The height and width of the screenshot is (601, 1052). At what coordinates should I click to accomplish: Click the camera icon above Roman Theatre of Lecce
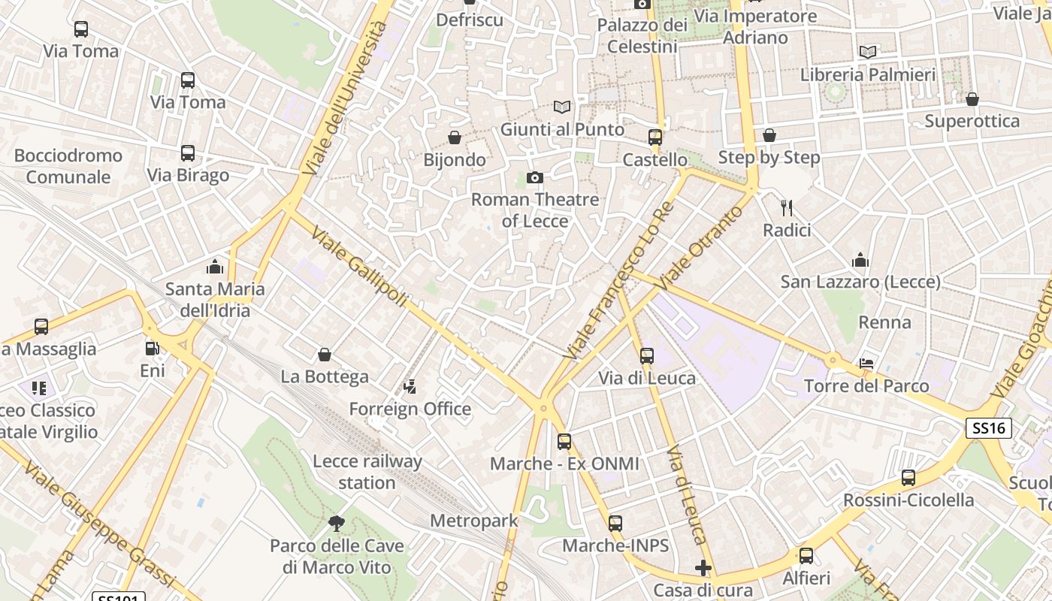[x=534, y=178]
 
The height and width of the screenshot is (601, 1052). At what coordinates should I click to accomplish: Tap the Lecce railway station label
[x=367, y=472]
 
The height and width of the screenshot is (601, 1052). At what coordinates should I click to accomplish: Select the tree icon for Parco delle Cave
[x=337, y=523]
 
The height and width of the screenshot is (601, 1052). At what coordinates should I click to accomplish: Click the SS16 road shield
[x=988, y=428]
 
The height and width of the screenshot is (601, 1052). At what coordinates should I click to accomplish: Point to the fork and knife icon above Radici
[x=787, y=207]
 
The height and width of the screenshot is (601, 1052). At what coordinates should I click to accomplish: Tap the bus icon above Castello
[x=654, y=137]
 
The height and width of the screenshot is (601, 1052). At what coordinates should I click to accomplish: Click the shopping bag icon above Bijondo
[x=454, y=137]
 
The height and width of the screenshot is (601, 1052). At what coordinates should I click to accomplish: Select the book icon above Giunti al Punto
[x=562, y=107]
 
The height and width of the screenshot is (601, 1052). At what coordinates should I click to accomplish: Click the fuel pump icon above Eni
[x=152, y=349]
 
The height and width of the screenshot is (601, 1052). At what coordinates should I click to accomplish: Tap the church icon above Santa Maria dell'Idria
[x=215, y=267]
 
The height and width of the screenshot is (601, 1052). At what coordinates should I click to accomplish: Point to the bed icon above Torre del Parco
[x=866, y=364]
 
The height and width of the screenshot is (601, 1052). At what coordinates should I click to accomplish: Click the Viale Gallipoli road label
[x=358, y=267]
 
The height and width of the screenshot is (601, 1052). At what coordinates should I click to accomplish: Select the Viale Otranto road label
[x=700, y=249]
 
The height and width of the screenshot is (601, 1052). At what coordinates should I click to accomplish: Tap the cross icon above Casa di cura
[x=703, y=568]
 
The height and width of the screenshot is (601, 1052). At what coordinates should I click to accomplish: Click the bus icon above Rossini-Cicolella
[x=908, y=478]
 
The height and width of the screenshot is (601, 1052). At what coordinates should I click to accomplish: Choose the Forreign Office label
[x=410, y=409]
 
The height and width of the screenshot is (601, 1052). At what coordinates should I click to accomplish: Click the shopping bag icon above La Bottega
[x=325, y=355]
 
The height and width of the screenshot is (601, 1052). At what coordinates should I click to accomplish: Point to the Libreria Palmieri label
[x=868, y=75]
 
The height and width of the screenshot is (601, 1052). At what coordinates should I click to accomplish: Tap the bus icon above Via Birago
[x=188, y=153]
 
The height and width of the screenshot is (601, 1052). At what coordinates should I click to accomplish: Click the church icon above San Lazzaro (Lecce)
[x=860, y=261]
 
